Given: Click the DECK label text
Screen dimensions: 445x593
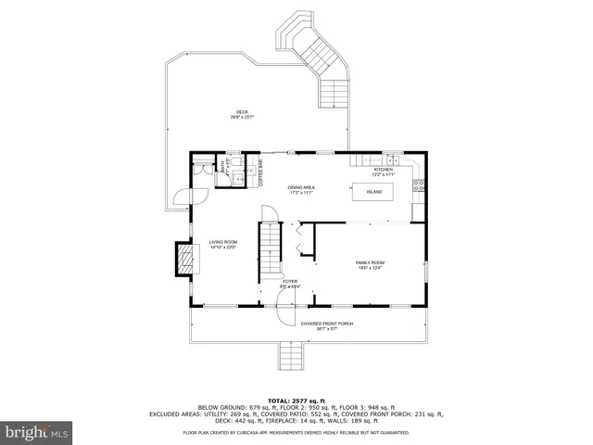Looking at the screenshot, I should (x=242, y=112).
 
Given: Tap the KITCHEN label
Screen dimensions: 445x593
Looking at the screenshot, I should (x=384, y=170).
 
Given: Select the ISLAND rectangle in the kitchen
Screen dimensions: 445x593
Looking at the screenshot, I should (x=373, y=192).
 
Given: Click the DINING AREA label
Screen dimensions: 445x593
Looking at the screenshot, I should (x=301, y=188).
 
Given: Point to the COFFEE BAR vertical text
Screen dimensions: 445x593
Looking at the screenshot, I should (x=261, y=174).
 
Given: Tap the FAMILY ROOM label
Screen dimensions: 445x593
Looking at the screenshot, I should (x=370, y=262).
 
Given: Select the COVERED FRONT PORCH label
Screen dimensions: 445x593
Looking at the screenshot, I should (x=327, y=324).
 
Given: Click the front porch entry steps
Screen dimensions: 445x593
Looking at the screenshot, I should (x=295, y=354).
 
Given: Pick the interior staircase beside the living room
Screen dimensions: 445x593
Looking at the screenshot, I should (x=268, y=248).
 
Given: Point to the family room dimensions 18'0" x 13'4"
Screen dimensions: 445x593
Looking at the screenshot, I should (x=370, y=268).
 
